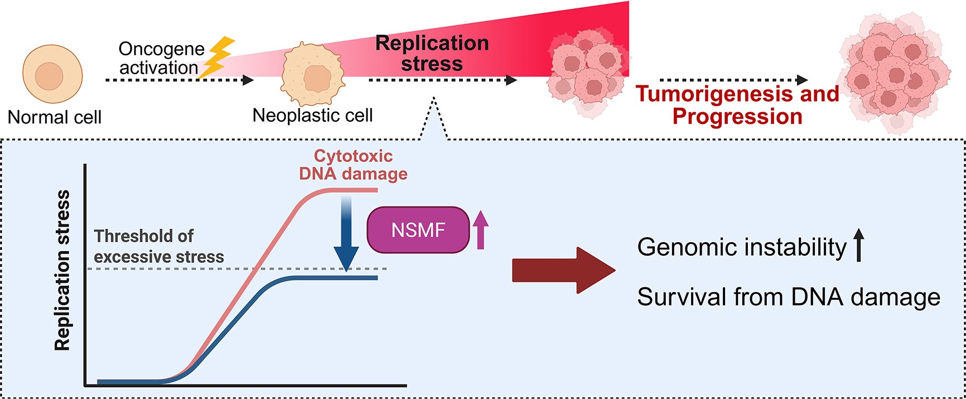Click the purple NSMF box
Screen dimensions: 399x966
[x=418, y=230]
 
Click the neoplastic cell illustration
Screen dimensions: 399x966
[x=312, y=75]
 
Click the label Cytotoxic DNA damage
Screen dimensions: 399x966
[x=353, y=165]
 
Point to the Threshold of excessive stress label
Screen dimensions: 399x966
[x=158, y=246]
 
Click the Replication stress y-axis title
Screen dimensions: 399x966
[x=62, y=271]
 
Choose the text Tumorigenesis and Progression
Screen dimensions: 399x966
[x=737, y=105]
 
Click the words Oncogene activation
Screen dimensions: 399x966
[x=161, y=58]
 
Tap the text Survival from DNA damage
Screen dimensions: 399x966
[x=788, y=297]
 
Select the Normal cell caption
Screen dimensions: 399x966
[x=55, y=117]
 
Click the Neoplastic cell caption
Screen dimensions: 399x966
[x=312, y=116]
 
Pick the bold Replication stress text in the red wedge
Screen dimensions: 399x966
[x=432, y=53]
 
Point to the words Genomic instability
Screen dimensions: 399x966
[x=741, y=247]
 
